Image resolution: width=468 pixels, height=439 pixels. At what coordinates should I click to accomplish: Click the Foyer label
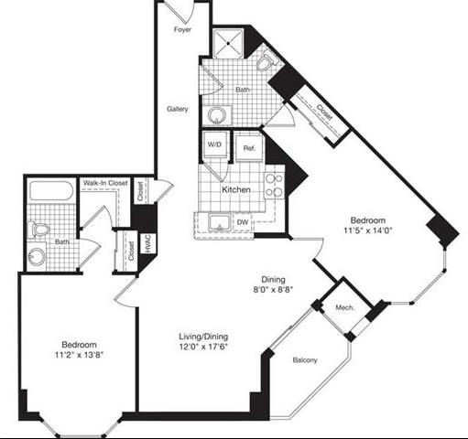(182, 29)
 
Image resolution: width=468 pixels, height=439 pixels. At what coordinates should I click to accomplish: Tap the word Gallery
(178, 109)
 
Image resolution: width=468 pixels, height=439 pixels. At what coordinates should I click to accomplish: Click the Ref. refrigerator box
(248, 146)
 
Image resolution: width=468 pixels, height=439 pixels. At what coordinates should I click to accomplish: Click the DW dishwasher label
(242, 221)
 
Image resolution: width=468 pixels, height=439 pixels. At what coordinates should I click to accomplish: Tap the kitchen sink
(219, 222)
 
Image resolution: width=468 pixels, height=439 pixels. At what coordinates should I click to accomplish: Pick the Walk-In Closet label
(105, 184)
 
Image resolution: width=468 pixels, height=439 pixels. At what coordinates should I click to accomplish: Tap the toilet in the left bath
(37, 229)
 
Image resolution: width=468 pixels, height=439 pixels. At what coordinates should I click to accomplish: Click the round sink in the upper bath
(216, 114)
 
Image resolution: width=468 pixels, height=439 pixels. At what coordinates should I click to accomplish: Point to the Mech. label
(344, 308)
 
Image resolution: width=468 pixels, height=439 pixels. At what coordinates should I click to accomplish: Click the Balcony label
(305, 360)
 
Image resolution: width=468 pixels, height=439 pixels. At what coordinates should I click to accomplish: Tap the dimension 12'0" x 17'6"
(202, 348)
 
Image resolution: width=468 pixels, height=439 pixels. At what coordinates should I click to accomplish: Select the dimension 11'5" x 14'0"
(365, 232)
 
